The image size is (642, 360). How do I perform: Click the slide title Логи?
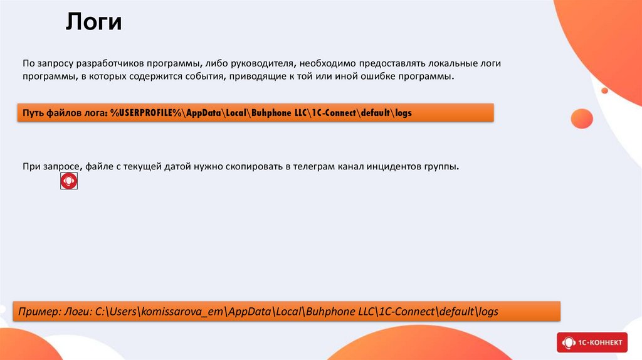pyautogui.click(x=94, y=23)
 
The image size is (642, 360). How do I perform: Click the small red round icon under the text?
pyautogui.click(x=69, y=181)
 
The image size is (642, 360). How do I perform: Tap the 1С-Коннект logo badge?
pyautogui.click(x=592, y=342)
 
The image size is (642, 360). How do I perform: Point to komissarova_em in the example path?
pyautogui.click(x=180, y=312)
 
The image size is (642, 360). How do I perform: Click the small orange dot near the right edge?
pyautogui.click(x=605, y=90)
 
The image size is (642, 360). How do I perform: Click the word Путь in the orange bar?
pyautogui.click(x=34, y=113)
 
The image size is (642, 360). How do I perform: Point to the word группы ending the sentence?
pyautogui.click(x=442, y=167)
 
